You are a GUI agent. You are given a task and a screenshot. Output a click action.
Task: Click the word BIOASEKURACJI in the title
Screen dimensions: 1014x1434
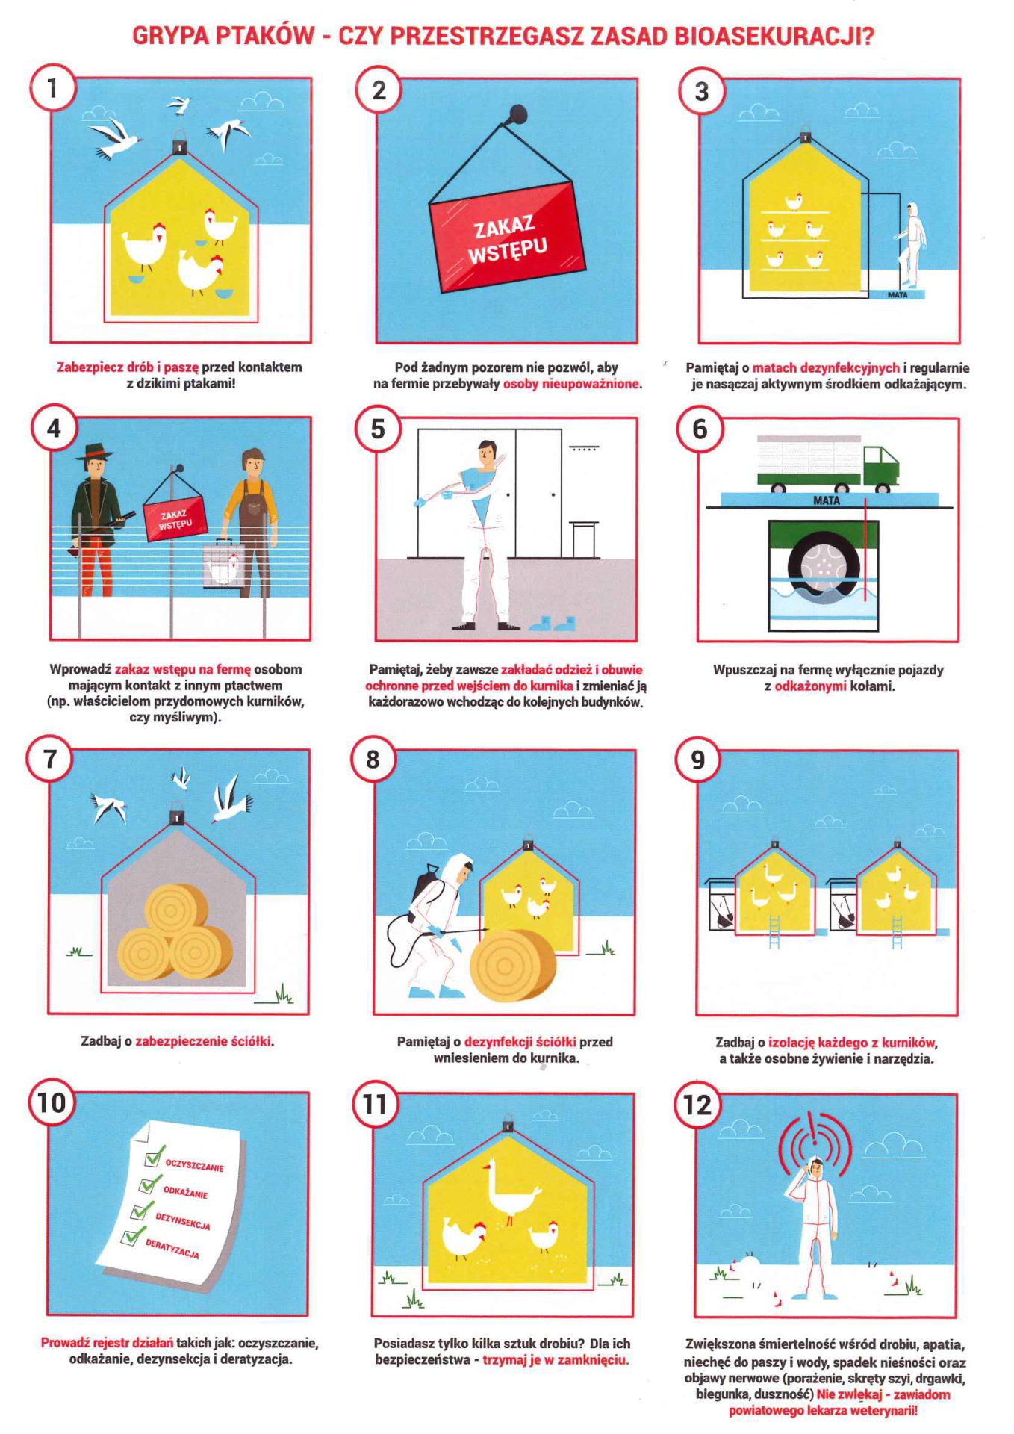(x=774, y=35)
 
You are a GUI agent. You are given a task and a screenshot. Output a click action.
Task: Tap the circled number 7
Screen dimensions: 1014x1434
(x=51, y=758)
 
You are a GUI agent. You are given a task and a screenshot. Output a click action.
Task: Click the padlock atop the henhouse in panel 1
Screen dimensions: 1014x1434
(x=180, y=141)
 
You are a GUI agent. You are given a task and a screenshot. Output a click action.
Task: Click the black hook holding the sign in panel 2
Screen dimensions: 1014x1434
(x=516, y=116)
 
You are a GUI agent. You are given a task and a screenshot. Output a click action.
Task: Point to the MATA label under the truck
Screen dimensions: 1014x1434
(x=826, y=500)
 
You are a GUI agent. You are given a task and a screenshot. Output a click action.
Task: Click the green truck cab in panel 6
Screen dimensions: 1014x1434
(x=880, y=466)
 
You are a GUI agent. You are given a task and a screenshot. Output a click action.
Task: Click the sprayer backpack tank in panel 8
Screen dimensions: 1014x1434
(x=427, y=890)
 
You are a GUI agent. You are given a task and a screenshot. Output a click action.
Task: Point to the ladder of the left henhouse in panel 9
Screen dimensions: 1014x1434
(x=774, y=931)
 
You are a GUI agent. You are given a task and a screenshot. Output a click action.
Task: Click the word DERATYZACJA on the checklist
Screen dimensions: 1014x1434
(x=172, y=1248)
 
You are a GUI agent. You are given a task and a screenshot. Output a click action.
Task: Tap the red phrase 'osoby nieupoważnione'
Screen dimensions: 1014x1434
(x=571, y=384)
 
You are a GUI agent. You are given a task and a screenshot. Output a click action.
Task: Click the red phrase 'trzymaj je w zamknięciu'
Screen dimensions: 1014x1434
(x=555, y=1359)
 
